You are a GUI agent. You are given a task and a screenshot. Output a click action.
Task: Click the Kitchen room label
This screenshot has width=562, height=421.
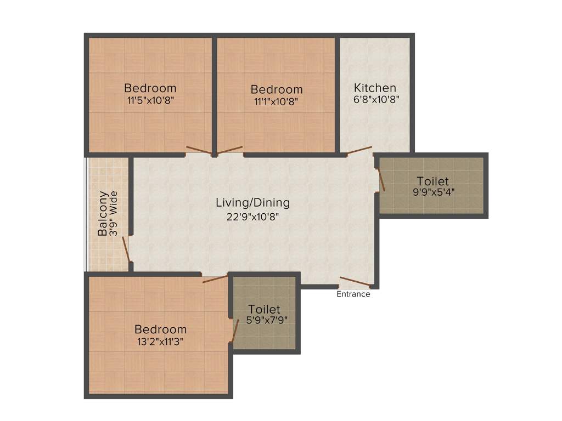[375, 88]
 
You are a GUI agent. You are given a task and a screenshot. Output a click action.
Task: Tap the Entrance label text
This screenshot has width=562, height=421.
[353, 294]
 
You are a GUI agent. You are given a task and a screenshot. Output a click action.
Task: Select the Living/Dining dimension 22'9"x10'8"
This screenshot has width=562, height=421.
[252, 217]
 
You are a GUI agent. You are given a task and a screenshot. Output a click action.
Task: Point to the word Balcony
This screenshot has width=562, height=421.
[103, 214]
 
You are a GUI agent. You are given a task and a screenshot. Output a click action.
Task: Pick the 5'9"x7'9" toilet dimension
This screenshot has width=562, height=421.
[264, 320]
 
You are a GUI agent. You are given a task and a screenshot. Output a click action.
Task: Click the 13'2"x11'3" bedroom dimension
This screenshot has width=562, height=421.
[160, 341]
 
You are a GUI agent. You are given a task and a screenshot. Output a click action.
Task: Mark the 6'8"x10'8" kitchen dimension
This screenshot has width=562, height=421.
[375, 100]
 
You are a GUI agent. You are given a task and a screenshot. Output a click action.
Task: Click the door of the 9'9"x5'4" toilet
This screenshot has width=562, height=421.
[381, 179]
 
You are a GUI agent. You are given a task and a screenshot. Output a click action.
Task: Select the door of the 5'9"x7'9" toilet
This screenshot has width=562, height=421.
[235, 331]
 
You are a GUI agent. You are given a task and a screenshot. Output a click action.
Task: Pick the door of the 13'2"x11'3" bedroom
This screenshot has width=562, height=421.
[215, 279]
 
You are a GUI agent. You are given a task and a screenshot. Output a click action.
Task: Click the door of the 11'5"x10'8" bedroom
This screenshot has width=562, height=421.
[199, 150]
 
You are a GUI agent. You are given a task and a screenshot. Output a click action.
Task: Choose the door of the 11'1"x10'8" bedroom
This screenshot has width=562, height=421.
[230, 150]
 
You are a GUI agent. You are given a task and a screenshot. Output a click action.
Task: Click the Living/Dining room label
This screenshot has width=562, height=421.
[252, 203]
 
